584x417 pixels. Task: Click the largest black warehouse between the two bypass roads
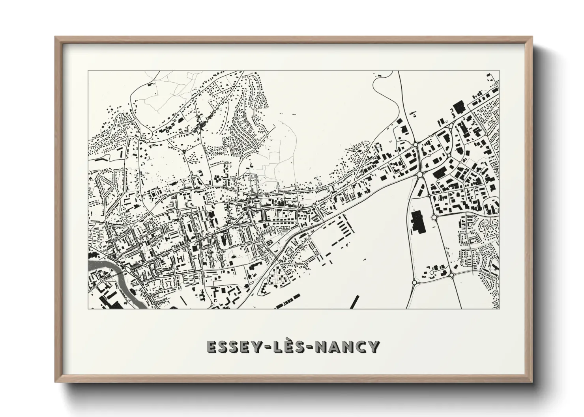416,222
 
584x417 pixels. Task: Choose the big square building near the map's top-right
458,107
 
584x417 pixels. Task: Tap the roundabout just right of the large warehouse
434,217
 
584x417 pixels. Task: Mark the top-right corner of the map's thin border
500,71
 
